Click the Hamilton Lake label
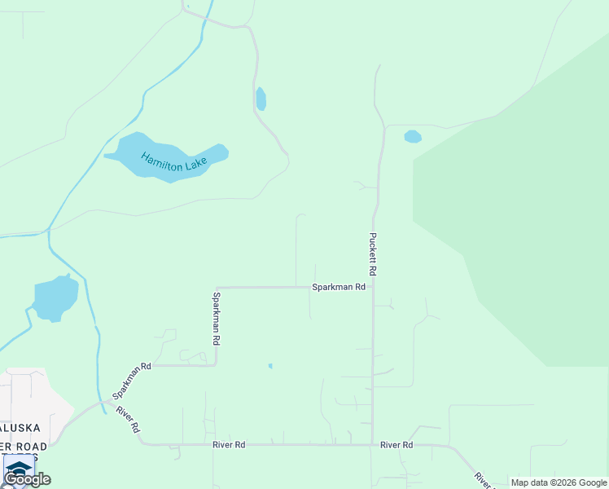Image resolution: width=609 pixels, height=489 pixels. click(174, 161)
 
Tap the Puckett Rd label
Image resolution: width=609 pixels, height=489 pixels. click(372, 253)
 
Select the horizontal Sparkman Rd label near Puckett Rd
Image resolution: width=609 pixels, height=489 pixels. click(338, 287)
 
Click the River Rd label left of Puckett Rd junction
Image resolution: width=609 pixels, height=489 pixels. click(229, 445)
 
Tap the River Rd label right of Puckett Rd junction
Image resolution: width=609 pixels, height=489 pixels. click(397, 445)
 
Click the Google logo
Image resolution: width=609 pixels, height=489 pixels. click(27, 479)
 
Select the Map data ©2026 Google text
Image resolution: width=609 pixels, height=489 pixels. click(559, 482)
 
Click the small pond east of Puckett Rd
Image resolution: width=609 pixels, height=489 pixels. click(413, 136)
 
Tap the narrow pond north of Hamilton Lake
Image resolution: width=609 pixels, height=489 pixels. click(261, 99)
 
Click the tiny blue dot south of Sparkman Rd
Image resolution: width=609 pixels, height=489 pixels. click(270, 366)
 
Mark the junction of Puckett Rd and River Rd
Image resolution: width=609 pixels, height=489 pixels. click(373, 445)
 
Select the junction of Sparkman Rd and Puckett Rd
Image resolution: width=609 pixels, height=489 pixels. click(373, 287)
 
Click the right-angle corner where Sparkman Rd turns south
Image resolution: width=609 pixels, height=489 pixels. click(216, 288)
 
